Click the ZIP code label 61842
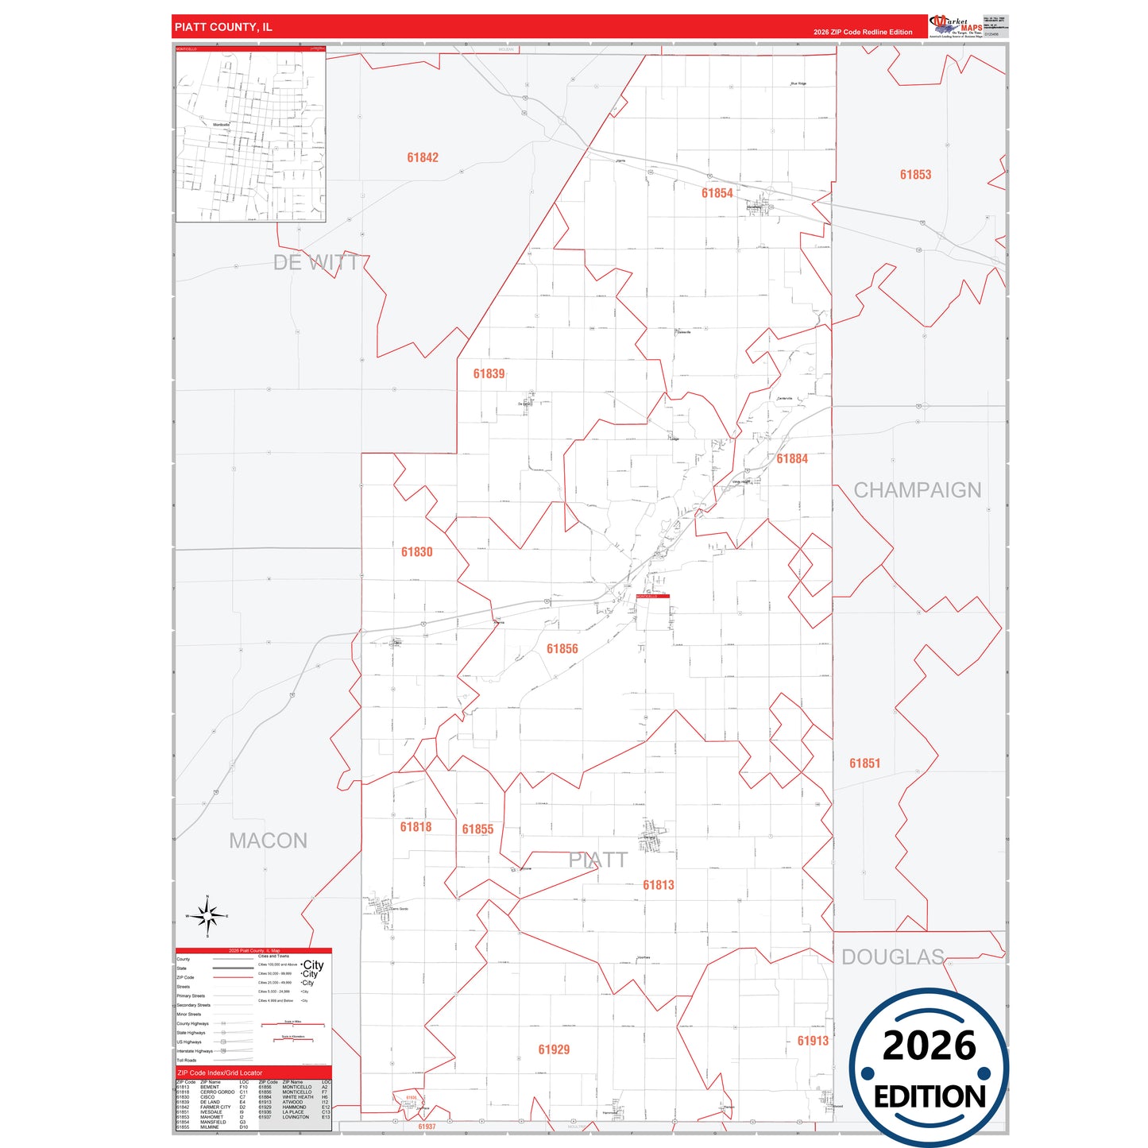pos(422,157)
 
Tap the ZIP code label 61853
pos(915,175)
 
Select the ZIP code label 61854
pos(717,193)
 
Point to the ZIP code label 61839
pos(489,373)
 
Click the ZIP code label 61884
pos(792,458)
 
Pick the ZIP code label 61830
pos(416,551)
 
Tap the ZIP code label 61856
pos(562,648)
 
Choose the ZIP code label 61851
pos(864,763)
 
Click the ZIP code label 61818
pos(416,826)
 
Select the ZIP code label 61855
pos(477,829)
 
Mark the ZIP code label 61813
pos(658,884)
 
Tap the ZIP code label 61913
pos(813,1040)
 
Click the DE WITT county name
pos(315,262)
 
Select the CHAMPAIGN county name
pos(917,489)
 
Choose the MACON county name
pos(268,840)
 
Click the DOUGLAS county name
pos(892,957)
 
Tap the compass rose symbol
pos(207,917)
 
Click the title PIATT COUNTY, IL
pos(223,27)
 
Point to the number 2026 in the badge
pos(929,1046)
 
